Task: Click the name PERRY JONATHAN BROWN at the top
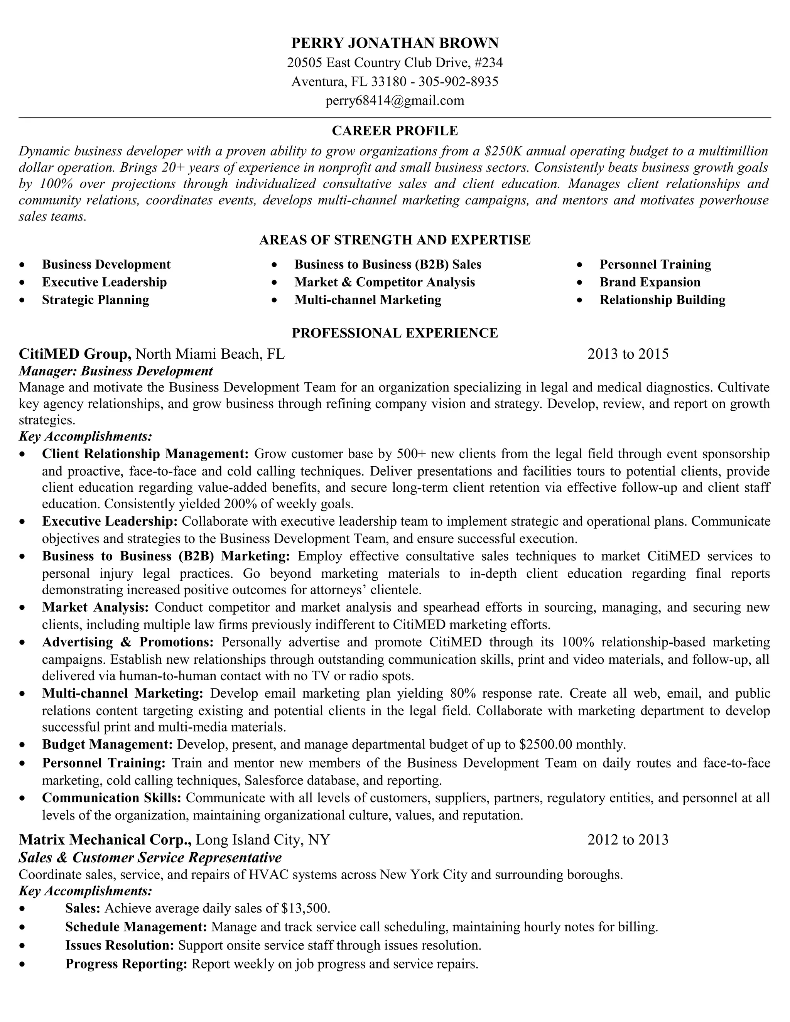click(x=395, y=43)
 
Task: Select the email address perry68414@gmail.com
click(x=395, y=101)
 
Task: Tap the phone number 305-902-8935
click(x=458, y=82)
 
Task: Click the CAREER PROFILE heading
click(x=395, y=131)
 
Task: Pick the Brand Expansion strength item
click(x=650, y=282)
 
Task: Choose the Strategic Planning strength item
click(x=96, y=300)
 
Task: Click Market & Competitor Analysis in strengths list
click(x=384, y=282)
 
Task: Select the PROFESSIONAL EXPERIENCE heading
click(x=395, y=333)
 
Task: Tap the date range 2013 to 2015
click(x=628, y=354)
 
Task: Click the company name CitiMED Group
click(x=75, y=354)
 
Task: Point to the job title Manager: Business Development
click(x=116, y=371)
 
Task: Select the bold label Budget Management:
click(x=108, y=744)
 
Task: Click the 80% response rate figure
click(x=460, y=693)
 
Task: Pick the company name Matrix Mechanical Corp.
click(x=105, y=840)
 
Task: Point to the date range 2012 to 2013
click(x=628, y=840)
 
